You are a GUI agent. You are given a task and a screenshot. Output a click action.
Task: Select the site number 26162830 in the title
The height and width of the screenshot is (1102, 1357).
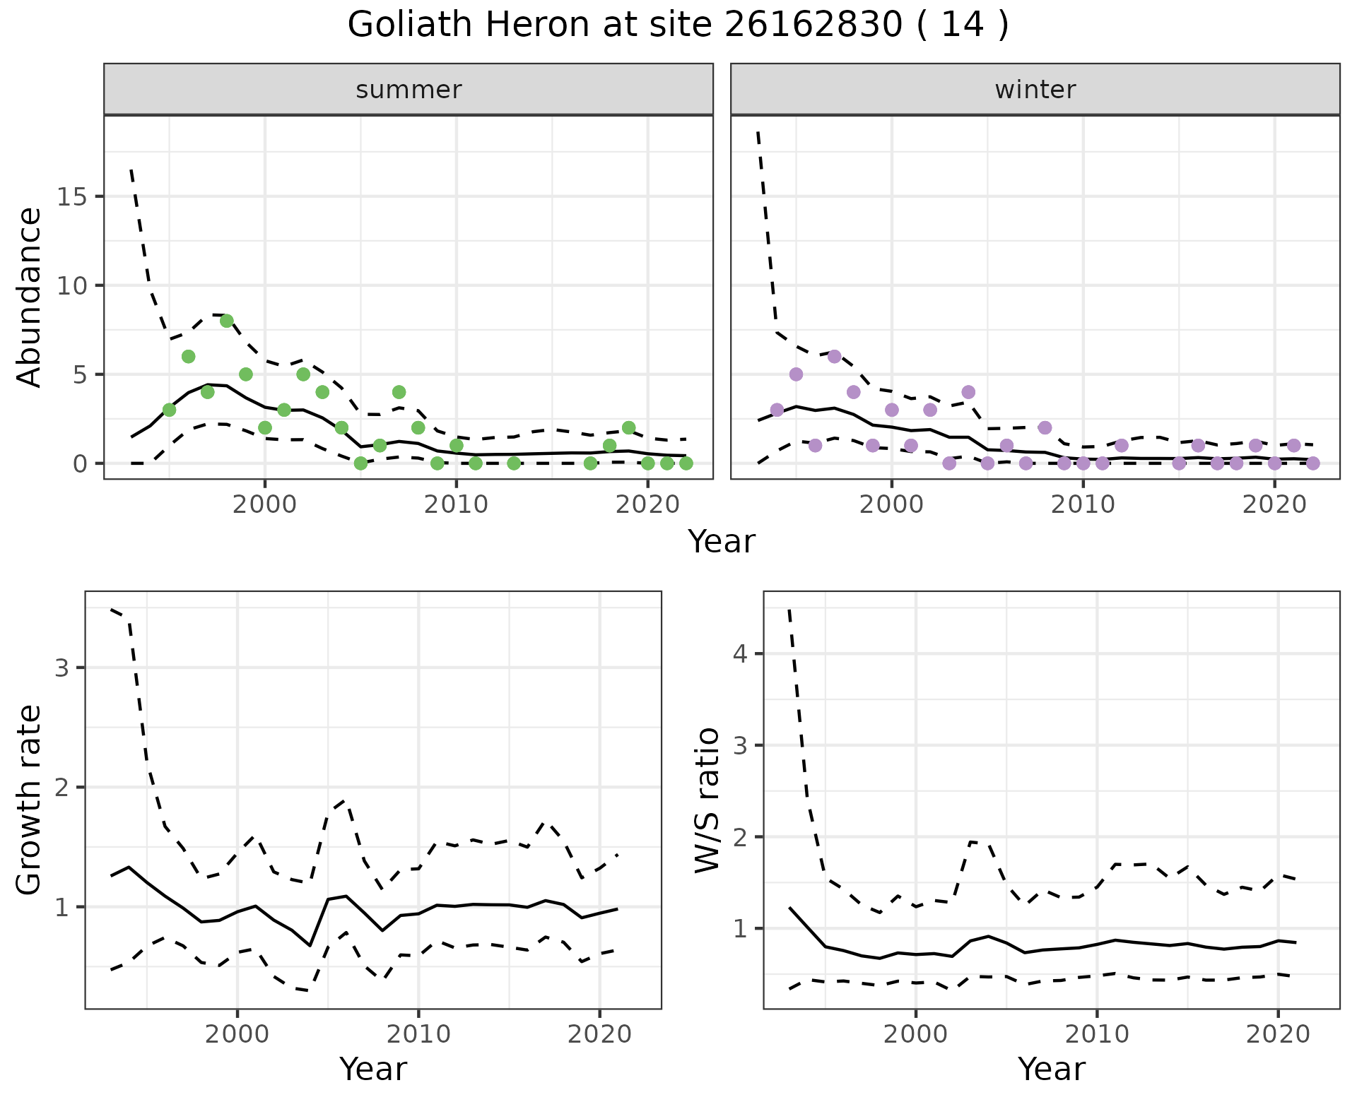point(813,25)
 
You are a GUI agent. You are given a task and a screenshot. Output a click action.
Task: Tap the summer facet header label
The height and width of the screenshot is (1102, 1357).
point(409,90)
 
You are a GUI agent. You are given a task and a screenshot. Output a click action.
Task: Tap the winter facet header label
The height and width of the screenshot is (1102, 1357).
point(1035,90)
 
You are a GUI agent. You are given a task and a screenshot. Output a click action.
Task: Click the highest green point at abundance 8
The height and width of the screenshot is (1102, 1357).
point(227,321)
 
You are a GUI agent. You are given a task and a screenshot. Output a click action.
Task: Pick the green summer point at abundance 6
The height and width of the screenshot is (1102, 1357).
point(188,356)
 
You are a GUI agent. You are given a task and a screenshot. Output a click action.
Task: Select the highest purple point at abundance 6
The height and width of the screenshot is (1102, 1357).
point(834,356)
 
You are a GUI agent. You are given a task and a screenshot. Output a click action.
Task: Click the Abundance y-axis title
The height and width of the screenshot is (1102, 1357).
point(30,297)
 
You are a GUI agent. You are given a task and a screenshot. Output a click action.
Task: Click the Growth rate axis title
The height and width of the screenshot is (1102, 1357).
point(30,800)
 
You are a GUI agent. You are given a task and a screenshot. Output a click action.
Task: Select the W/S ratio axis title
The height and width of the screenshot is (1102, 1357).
point(707,800)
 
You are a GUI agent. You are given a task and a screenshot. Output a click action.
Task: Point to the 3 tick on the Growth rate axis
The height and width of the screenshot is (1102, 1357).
point(62,668)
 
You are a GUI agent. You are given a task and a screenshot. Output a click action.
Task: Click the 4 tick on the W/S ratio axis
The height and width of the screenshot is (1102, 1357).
point(740,653)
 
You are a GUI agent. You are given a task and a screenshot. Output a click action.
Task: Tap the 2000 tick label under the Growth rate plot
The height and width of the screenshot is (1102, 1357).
point(237,1035)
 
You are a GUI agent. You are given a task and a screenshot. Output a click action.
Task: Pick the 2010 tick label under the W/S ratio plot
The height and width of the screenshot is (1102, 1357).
point(1096,1035)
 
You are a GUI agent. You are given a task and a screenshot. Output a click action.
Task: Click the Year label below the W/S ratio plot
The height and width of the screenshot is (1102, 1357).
point(1052,1070)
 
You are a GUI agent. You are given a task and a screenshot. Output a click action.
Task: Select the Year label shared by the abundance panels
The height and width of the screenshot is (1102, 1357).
point(722,542)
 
